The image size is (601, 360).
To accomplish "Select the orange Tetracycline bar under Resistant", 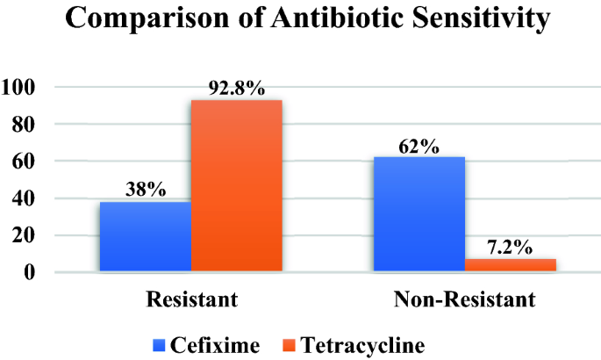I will click(236, 185).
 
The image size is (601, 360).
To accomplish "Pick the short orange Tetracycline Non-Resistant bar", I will click(510, 264).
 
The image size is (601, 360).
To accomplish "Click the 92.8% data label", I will click(236, 89).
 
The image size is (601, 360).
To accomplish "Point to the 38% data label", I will click(145, 190).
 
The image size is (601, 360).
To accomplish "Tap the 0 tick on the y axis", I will click(29, 272).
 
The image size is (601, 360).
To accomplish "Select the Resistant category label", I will click(191, 301).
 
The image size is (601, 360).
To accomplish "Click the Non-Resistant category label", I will click(464, 301).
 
